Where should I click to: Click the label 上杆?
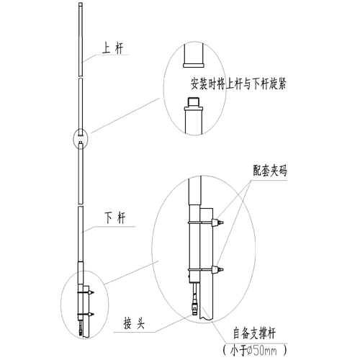tap(113, 48)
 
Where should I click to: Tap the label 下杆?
tap(115, 218)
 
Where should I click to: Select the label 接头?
tap(134, 323)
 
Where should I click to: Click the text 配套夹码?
tap(270, 171)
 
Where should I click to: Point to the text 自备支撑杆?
tap(254, 333)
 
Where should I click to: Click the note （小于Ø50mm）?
tap(255, 351)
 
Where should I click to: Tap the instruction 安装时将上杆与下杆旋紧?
tap(238, 84)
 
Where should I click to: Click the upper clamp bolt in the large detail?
tap(217, 222)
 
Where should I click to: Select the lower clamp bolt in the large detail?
tap(217, 270)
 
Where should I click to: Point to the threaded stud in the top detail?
tap(194, 102)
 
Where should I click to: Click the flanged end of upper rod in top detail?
tap(194, 65)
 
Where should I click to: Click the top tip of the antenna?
tap(81, 3)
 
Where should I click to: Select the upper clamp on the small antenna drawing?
tap(86, 292)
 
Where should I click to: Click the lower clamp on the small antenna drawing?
tap(86, 314)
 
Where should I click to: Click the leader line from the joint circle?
tap(125, 115)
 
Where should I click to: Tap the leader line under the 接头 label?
tap(153, 325)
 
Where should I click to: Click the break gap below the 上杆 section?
tap(81, 77)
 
